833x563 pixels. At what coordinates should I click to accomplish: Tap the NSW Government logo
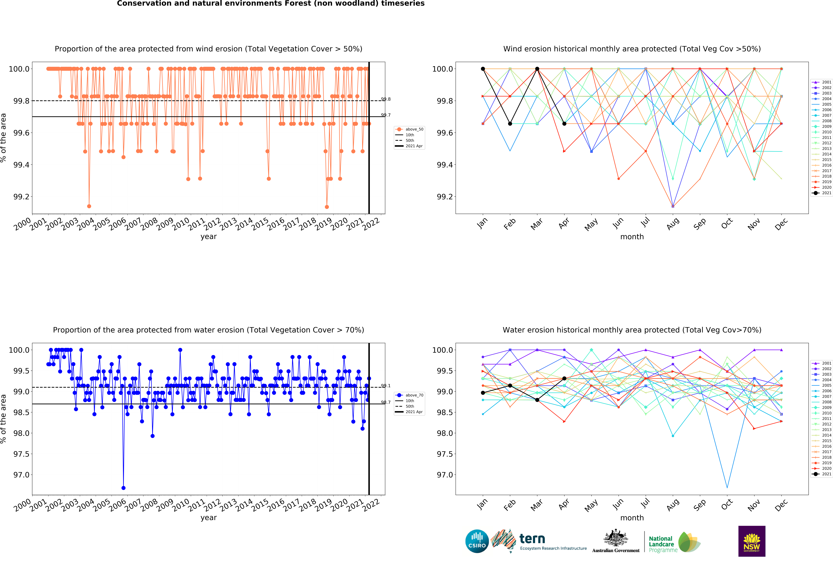tap(752, 541)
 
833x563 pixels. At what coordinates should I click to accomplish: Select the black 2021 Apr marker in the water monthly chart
tap(564, 378)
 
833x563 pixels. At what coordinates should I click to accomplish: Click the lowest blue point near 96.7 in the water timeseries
tap(123, 488)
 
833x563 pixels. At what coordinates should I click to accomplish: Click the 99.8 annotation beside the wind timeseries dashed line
tap(386, 99)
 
